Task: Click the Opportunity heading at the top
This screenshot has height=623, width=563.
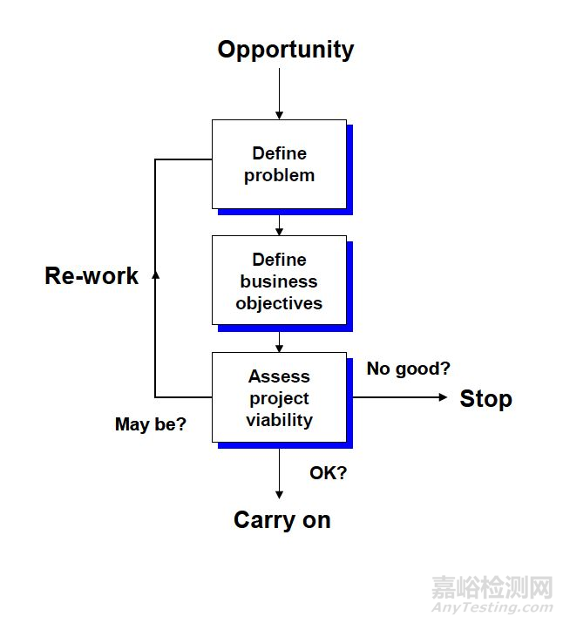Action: click(285, 50)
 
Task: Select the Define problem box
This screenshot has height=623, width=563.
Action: click(279, 164)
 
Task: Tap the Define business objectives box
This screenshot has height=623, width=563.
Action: click(279, 281)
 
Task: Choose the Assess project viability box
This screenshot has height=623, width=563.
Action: click(279, 397)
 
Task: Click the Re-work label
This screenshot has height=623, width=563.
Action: click(92, 276)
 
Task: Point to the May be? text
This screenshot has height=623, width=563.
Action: click(151, 425)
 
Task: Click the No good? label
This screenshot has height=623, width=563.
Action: click(408, 369)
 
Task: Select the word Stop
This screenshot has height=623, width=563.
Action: click(485, 399)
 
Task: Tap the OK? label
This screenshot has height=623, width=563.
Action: click(328, 473)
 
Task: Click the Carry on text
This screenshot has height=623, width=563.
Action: click(281, 520)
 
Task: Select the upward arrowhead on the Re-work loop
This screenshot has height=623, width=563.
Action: click(155, 274)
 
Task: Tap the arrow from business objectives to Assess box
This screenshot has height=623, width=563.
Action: click(279, 341)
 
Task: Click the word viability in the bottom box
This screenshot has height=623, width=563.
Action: click(279, 420)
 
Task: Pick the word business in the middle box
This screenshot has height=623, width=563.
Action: click(279, 281)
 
